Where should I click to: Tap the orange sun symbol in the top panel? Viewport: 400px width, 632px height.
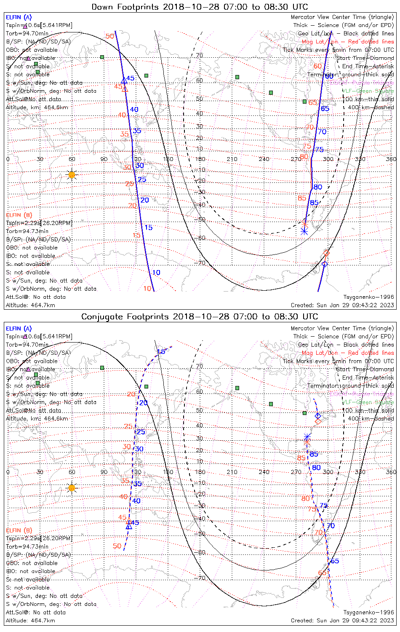72,174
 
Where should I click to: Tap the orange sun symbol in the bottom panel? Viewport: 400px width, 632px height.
72,488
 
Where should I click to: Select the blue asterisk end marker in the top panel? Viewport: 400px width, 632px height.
304,231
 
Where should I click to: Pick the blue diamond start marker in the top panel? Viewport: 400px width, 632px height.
324,264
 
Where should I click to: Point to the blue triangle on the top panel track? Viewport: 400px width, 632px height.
123,80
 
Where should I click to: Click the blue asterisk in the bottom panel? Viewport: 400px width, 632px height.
307,437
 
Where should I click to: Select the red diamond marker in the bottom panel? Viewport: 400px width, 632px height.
318,421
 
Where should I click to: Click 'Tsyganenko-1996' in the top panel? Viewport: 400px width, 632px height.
368,297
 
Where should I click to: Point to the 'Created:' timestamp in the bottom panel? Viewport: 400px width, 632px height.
342,620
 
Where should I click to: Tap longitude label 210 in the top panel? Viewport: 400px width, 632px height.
232,159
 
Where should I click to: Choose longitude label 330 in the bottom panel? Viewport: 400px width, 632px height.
360,472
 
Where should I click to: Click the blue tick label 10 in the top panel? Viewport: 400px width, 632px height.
156,273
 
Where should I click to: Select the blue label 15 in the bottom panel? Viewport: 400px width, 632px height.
161,352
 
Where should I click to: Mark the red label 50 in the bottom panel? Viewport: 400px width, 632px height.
117,546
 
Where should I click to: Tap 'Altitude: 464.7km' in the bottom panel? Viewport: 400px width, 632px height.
30,620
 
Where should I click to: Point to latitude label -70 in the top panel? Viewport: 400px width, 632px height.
201,263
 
